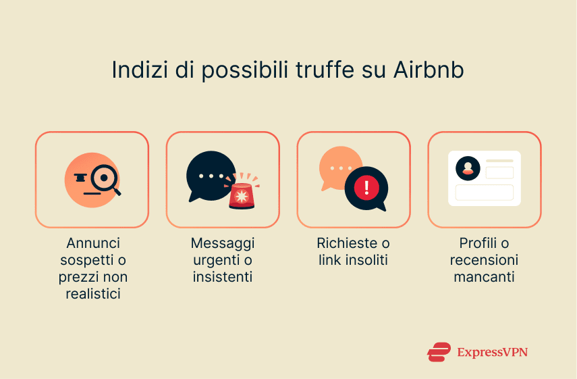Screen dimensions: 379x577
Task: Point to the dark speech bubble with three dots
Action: [x=210, y=176]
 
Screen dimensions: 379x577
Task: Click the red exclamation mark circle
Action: [x=366, y=186]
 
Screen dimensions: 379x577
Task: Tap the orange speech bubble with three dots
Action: [x=340, y=168]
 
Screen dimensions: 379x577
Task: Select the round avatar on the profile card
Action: [x=468, y=168]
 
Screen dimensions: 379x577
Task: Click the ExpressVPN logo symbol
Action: [x=439, y=352]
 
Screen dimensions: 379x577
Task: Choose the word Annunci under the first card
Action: [x=92, y=243]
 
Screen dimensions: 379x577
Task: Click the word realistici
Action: [x=92, y=293]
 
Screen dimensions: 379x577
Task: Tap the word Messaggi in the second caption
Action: [x=223, y=243]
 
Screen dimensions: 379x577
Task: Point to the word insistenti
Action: [x=223, y=276]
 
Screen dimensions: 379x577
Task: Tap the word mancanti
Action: [x=484, y=276]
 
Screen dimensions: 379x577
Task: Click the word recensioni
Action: [x=484, y=260]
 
